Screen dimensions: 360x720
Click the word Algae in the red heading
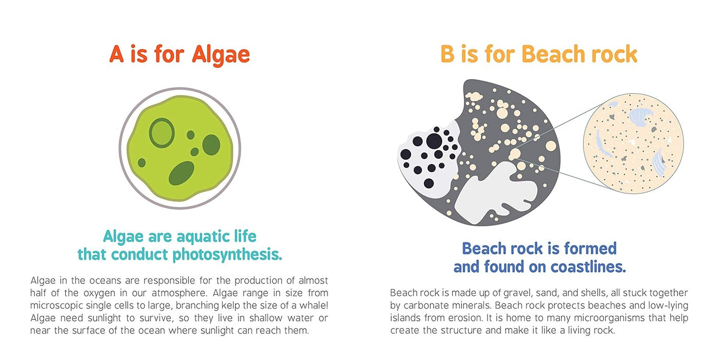[221, 55]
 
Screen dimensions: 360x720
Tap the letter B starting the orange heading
[447, 55]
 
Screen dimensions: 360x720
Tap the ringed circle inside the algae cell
[161, 133]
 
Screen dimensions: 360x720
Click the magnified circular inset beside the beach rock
[633, 143]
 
